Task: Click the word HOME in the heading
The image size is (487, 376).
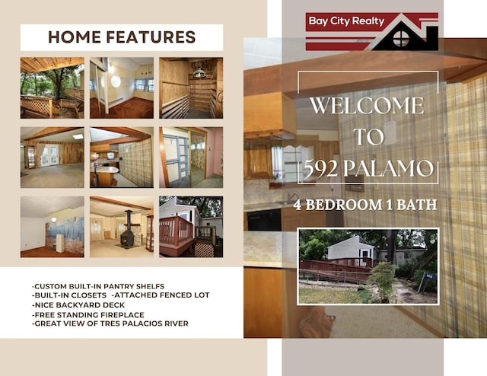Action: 75,37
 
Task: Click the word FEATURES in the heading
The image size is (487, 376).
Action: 151,37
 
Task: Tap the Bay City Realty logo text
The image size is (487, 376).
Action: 346,21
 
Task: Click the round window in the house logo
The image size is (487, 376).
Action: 401,39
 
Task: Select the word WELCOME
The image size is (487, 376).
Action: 367,106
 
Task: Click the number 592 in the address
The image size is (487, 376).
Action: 320,168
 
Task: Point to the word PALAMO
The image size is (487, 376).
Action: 388,168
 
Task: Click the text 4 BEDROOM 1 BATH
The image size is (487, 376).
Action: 365,205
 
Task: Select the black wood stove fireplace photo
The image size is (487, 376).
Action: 122,227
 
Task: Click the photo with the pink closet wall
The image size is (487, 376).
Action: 191,158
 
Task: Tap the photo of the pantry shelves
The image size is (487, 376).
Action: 191,88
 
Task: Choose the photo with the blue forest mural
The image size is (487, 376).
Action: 53,227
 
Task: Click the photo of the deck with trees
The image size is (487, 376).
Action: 53,88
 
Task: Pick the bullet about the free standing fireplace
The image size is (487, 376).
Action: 88,314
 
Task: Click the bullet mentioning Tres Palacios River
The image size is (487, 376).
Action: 110,323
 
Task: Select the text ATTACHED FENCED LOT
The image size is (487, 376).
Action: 161,295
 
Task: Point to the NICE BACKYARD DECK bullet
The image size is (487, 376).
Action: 78,305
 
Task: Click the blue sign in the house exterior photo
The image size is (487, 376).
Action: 429,276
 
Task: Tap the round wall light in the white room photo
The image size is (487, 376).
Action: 116,81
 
